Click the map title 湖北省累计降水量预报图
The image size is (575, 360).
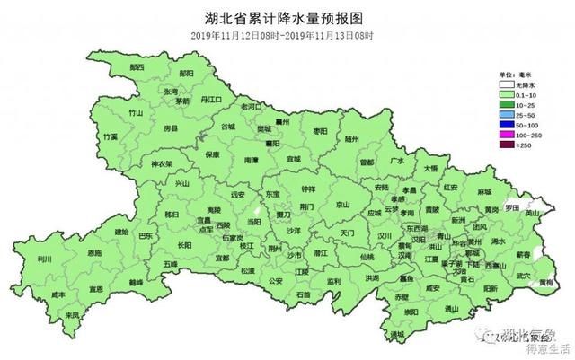coord(287,17)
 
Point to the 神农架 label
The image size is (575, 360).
coord(162,165)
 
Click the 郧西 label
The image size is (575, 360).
coord(137,67)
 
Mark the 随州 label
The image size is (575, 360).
coord(351,140)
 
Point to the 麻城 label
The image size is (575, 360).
coord(484,192)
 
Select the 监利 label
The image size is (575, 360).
coord(333,281)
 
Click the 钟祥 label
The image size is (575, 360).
coord(308,189)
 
